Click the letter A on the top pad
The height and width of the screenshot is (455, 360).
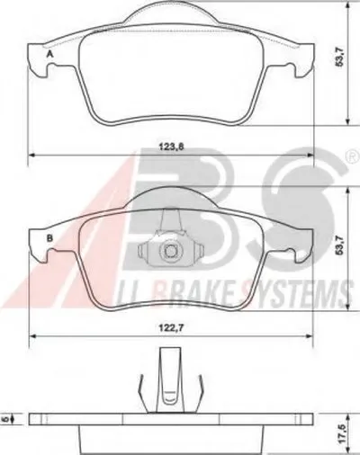(x=49, y=55)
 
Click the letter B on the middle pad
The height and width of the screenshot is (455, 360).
(x=49, y=238)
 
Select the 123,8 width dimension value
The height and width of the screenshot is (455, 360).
(x=171, y=147)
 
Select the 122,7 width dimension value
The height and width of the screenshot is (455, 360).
(x=171, y=328)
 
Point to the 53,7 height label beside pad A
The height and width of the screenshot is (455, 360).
(x=339, y=58)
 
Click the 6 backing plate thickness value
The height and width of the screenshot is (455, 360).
(x=5, y=419)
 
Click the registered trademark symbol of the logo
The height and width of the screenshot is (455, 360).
(x=353, y=156)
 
